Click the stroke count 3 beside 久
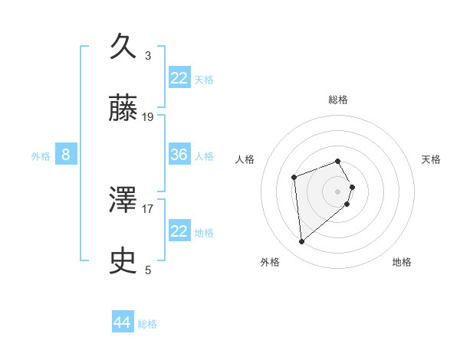(148, 55)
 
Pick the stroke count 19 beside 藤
(148, 117)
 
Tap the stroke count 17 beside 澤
(148, 208)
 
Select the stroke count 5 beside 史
(148, 270)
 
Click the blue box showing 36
(179, 155)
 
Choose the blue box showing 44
(123, 322)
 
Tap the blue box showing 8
(66, 155)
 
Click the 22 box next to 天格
(179, 78)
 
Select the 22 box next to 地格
(179, 231)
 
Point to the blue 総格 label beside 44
(147, 324)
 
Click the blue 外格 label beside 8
(41, 156)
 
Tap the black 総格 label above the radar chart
(337, 100)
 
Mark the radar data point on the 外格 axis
(302, 242)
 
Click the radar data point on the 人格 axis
(294, 178)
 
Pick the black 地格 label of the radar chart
(402, 262)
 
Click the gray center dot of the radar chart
(337, 191)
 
